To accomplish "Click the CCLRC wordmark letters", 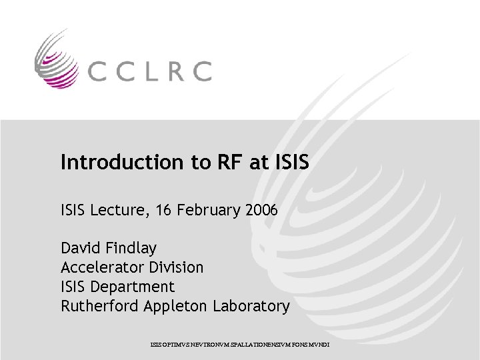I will pyautogui.click(x=148, y=71).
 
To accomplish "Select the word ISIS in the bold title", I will pyautogui.click(x=292, y=162).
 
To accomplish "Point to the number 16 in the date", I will pyautogui.click(x=163, y=211).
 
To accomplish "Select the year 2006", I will pyautogui.click(x=261, y=211).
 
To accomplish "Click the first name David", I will pyautogui.click(x=80, y=249).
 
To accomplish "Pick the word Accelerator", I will pyautogui.click(x=101, y=268).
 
